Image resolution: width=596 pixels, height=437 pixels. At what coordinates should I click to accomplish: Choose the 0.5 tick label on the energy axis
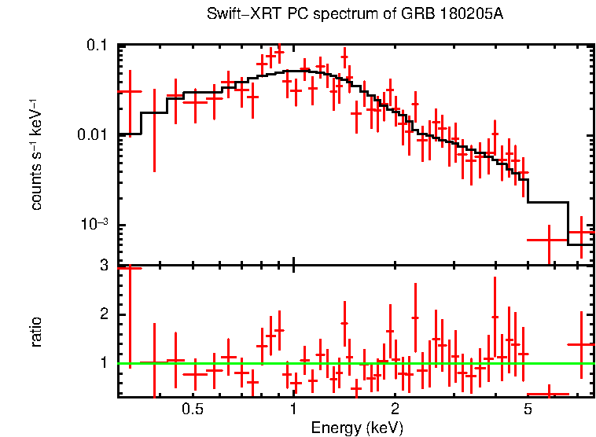[193, 409]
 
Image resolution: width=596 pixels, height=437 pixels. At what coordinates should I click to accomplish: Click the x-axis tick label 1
[293, 409]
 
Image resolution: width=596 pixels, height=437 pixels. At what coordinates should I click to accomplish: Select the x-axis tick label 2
[395, 409]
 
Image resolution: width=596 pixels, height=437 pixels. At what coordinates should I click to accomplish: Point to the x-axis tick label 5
[528, 409]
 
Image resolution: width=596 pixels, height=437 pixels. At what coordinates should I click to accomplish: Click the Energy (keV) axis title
[357, 428]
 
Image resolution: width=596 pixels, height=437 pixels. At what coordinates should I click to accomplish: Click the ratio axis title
[36, 332]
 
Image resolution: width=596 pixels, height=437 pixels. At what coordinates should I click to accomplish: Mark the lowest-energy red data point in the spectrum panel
[130, 91]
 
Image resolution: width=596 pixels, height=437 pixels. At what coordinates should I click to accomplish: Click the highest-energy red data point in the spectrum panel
[581, 233]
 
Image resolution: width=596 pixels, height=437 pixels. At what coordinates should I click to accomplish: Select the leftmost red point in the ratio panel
[130, 269]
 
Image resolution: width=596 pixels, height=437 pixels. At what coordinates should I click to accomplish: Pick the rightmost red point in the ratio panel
[581, 344]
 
